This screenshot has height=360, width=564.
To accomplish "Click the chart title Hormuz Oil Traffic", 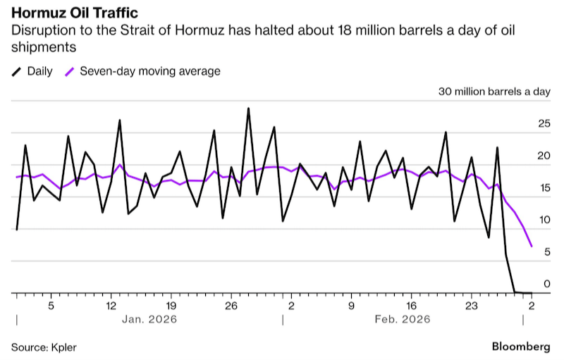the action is tap(75, 13).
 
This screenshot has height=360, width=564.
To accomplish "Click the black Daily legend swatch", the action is tap(16, 71).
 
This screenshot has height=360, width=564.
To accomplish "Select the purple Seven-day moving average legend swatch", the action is tap(69, 71).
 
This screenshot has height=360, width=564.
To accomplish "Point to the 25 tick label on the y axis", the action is tap(544, 124).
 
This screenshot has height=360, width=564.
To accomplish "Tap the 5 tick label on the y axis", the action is tap(547, 252).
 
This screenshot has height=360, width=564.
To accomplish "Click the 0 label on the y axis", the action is tap(547, 284).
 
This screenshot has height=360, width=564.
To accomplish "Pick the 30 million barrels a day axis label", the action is tap(494, 92).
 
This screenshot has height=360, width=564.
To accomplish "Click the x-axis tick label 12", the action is tap(111, 306).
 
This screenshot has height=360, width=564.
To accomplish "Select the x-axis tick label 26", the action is tap(231, 306).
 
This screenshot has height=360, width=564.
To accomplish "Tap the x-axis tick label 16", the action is tap(411, 306).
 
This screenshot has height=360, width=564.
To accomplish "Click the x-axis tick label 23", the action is tap(472, 306).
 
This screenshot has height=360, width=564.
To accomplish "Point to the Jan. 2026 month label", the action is tap(149, 319).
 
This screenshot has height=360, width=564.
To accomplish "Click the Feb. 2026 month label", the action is tap(403, 319).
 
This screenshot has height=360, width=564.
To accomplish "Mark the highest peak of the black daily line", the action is tap(248, 108).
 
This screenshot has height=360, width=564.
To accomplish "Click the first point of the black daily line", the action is tap(17, 230).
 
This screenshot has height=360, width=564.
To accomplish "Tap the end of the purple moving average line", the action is tap(532, 247).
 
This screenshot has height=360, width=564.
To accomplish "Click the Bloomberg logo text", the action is tap(521, 347).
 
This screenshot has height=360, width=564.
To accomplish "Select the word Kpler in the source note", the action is tap(63, 348).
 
